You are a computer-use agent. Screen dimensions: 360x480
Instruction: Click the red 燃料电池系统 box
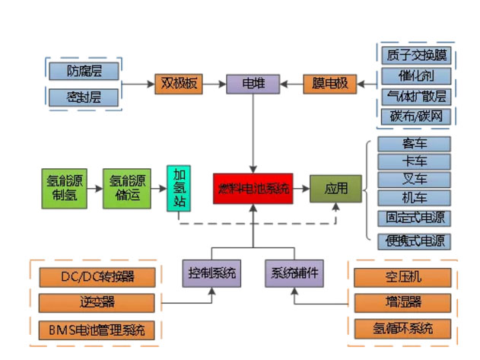[x=253, y=188]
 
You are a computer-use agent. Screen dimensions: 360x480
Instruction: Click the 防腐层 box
[x=84, y=72]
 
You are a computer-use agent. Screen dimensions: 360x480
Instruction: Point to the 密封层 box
[x=84, y=97]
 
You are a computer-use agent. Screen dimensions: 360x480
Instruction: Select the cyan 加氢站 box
[x=179, y=188]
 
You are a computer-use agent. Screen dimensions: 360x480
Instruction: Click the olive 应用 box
[x=335, y=188]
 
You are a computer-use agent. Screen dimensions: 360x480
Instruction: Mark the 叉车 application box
[x=414, y=180]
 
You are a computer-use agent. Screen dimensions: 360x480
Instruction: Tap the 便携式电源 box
[x=414, y=241]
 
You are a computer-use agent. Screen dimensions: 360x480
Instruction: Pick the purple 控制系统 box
[x=211, y=272]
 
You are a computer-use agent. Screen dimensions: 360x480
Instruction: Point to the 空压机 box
[x=404, y=276]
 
